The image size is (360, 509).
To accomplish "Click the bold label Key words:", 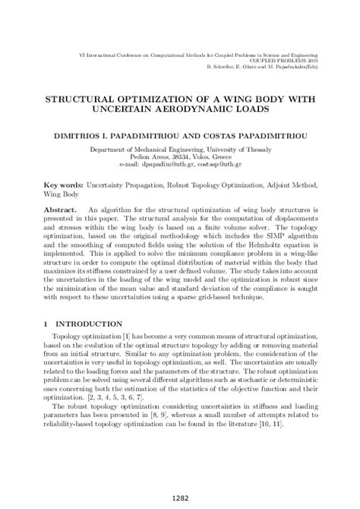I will tap(63, 185).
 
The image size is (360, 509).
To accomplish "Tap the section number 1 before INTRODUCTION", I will tap(46, 323).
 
